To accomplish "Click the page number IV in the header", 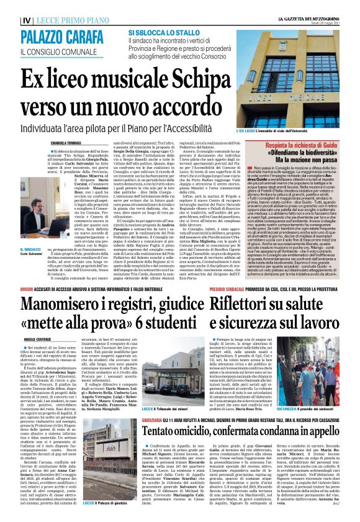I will [8, 20].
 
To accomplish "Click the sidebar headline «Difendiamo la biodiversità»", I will [302, 150].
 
